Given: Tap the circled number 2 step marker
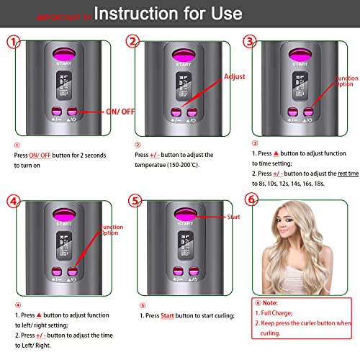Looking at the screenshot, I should (x=133, y=42).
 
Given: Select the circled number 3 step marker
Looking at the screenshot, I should (x=249, y=42).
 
